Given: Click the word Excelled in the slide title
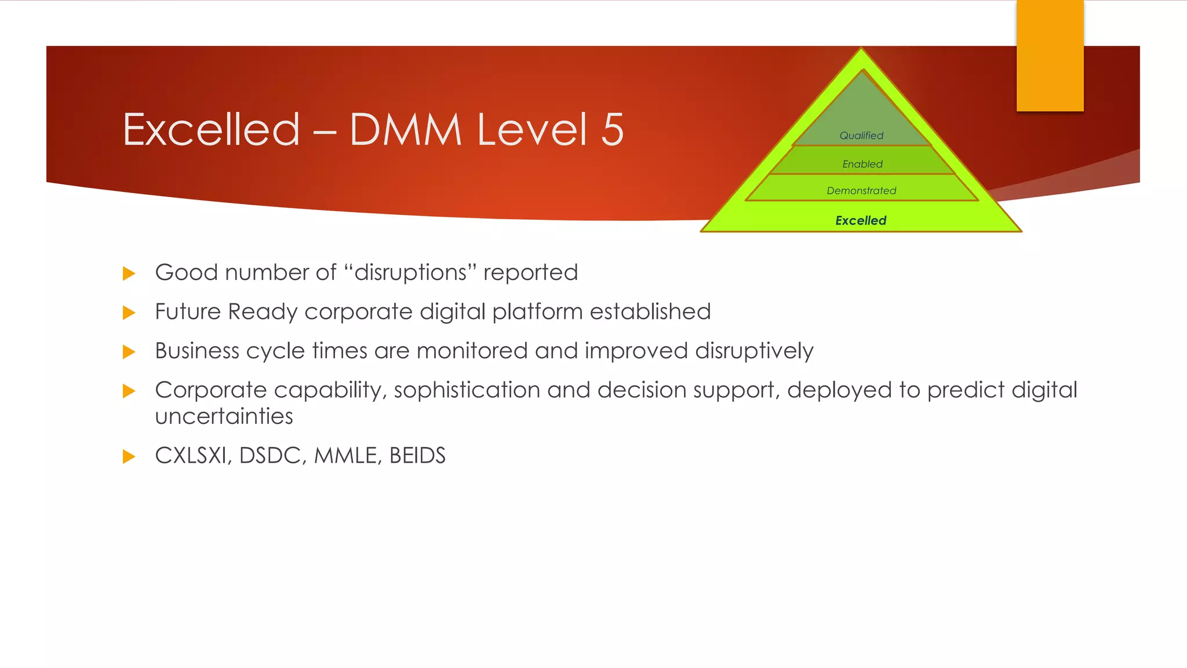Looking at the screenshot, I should tap(212, 129).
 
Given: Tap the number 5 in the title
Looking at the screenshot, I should tap(612, 129).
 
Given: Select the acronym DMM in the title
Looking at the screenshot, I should tap(405, 129).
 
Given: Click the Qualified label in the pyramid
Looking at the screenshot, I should tap(861, 136).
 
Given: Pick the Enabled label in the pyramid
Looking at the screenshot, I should tap(862, 164).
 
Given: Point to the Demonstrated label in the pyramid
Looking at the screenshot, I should tap(861, 191).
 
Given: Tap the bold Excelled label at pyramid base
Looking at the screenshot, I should tap(861, 220).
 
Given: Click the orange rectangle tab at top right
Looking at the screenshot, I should tap(1050, 56).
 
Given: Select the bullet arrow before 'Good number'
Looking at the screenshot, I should tap(129, 274).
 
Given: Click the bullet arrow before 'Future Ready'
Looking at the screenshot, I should tap(129, 313).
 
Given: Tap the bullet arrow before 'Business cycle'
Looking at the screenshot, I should tap(129, 352).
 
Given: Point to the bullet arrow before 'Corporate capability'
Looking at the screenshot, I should tap(129, 391).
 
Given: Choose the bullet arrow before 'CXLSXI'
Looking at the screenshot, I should tap(129, 456).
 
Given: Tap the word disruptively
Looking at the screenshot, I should tap(754, 351).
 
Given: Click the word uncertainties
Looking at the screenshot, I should tap(224, 416).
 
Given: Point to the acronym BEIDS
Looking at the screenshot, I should tap(417, 456).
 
